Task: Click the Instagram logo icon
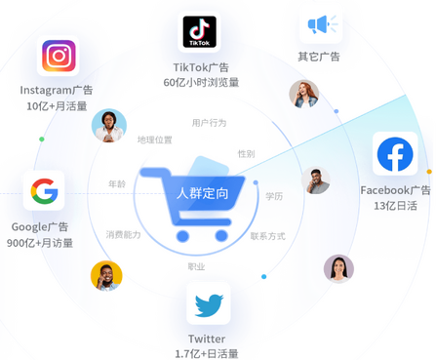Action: coord(58,56)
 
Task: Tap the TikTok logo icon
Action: coord(199,32)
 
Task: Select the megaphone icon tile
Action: coord(319,23)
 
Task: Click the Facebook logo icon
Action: coord(395,154)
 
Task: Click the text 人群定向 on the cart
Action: coord(202,193)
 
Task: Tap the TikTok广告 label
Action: coord(200,67)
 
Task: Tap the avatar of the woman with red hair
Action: coord(304,94)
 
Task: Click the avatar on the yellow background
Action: coord(104,276)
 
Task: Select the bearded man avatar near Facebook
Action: coord(317,180)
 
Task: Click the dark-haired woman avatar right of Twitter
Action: coord(338,270)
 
